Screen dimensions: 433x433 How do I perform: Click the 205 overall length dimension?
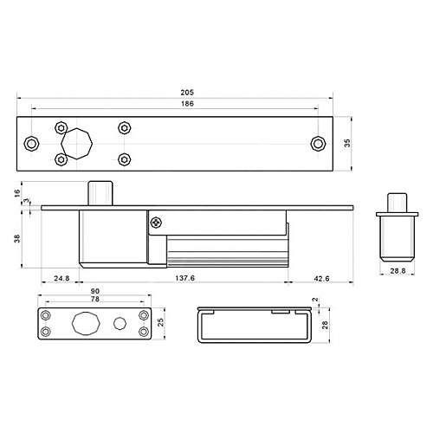(187, 93)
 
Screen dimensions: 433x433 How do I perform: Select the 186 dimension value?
(187, 104)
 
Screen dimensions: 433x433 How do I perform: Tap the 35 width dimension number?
(347, 143)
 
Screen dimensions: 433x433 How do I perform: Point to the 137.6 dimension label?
(185, 278)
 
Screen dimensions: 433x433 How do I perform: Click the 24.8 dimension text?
(61, 278)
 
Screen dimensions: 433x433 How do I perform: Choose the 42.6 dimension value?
(321, 279)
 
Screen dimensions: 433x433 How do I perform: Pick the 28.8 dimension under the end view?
(397, 271)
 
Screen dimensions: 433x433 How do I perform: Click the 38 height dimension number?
(17, 239)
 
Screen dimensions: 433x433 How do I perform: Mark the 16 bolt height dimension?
(17, 193)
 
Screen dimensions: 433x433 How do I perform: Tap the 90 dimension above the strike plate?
(95, 291)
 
